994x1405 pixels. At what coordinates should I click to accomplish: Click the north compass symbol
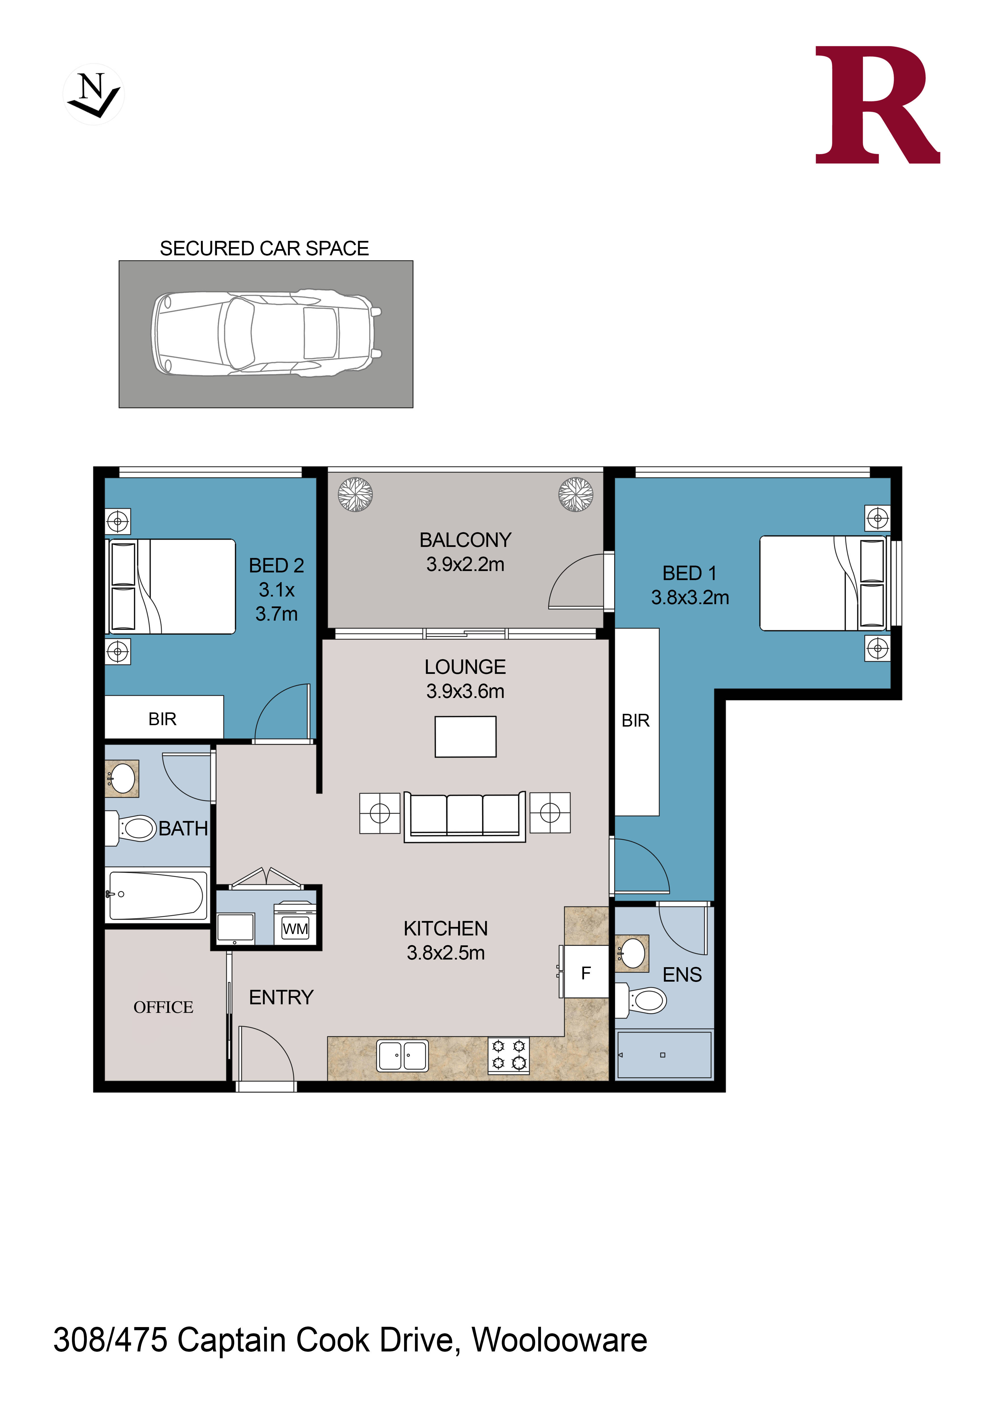pos(94,95)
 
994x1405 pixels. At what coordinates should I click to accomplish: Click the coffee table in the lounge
pos(465,737)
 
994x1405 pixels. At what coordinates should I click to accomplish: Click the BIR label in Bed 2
pos(162,719)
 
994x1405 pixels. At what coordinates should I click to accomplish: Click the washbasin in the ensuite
pos(632,953)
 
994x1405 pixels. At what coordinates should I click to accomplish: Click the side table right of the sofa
pos(550,813)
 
